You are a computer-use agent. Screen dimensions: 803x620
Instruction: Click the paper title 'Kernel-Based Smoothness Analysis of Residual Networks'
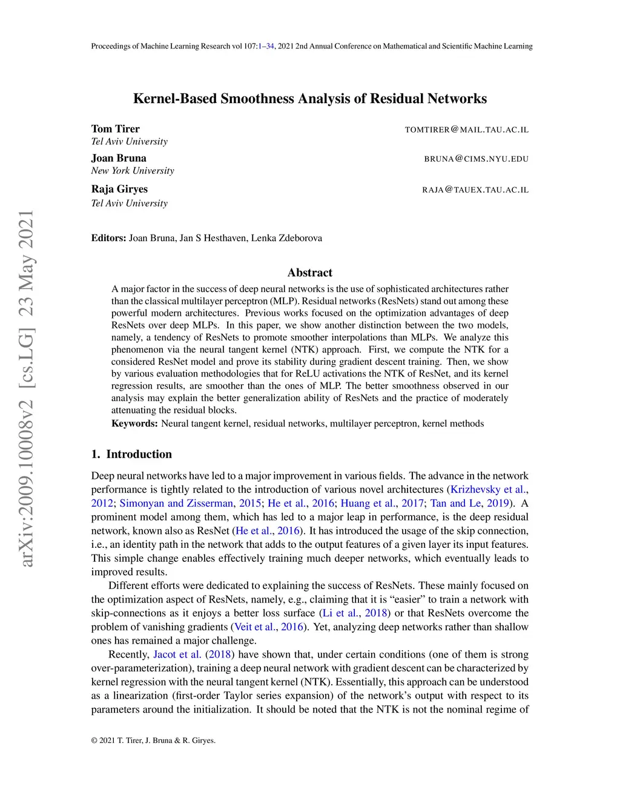[x=309, y=99]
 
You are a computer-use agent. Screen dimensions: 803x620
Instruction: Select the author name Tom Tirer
[x=115, y=128]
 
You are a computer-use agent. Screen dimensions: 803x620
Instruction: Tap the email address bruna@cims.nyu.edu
[x=476, y=159]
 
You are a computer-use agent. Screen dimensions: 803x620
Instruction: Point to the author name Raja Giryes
[x=119, y=189]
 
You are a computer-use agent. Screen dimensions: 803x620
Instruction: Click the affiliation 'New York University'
[x=133, y=171]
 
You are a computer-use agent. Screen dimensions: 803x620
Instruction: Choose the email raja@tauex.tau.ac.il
[x=475, y=190]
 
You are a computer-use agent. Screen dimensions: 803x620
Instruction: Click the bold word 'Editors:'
[x=108, y=238]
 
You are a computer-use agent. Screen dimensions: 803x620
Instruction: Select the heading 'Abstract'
[x=309, y=273]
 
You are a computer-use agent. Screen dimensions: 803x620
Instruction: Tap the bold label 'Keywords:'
[x=134, y=424]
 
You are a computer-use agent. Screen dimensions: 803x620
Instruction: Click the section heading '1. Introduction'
[x=131, y=455]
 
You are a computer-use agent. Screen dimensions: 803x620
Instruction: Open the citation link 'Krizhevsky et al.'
[x=489, y=490]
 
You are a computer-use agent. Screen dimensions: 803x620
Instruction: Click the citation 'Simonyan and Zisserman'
[x=176, y=504]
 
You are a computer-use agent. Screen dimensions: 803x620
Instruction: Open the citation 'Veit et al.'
[x=254, y=627]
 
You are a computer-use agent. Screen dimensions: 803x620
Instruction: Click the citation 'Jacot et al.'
[x=177, y=655]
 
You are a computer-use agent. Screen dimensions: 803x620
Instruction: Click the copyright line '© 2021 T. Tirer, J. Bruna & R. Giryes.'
[x=153, y=741]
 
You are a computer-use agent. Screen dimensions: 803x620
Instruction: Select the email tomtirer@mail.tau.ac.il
[x=466, y=130]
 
